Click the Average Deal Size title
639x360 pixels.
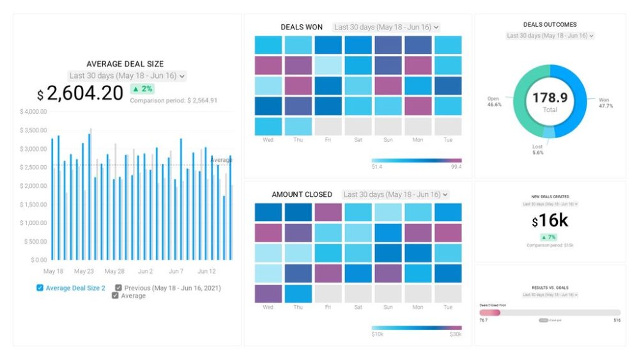click(125, 64)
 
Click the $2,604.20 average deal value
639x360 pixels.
click(80, 93)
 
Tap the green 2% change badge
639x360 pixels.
click(142, 89)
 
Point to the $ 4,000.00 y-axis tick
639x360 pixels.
click(33, 112)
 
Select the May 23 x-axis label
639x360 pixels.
click(84, 271)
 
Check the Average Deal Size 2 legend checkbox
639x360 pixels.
click(40, 288)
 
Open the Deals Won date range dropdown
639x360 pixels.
click(386, 27)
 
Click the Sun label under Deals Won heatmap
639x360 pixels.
click(387, 139)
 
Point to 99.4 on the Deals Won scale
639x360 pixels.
click(456, 167)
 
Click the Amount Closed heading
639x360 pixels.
click(302, 194)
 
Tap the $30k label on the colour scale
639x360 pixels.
click(455, 334)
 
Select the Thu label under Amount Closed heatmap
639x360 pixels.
click(298, 307)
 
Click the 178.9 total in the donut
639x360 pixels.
click(550, 98)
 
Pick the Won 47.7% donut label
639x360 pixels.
click(604, 103)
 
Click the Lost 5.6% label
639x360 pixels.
click(537, 149)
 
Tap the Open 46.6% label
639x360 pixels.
click(494, 102)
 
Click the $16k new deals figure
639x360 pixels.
click(550, 221)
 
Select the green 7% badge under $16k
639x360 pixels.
click(550, 237)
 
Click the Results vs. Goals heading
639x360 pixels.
click(550, 288)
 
